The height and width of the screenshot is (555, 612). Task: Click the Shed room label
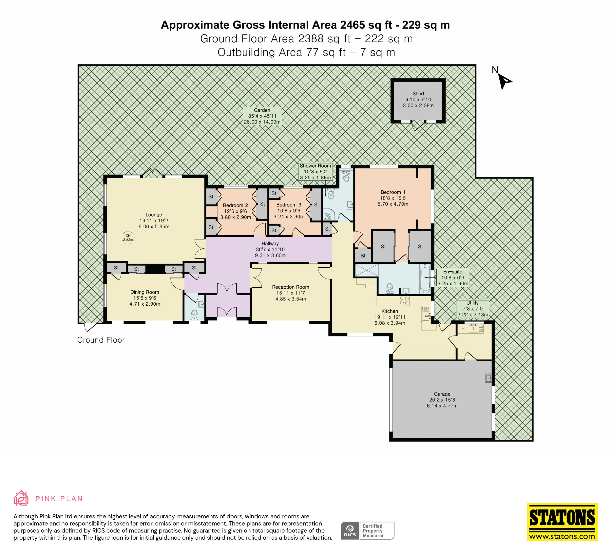[x=418, y=93]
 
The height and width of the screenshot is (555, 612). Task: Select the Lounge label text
[x=154, y=215]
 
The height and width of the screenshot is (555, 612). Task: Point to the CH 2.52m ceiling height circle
[x=128, y=238]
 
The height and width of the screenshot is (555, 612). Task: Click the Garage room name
[x=442, y=394]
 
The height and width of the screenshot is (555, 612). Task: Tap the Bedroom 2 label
[x=235, y=205]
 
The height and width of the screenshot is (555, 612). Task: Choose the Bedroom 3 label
[x=289, y=205]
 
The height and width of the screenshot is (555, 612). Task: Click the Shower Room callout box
[x=315, y=171]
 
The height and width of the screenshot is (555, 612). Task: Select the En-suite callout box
[x=453, y=277]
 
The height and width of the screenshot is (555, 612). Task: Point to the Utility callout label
[x=472, y=309]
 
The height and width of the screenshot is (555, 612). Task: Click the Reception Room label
[x=290, y=287]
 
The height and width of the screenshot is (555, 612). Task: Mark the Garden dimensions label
[x=262, y=116]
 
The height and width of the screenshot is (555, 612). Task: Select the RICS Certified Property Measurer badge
[x=367, y=531]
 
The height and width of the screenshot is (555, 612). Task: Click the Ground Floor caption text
[x=101, y=340]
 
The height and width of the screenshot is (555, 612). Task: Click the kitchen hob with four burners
[x=404, y=301]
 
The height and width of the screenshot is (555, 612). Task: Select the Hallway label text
[x=270, y=243]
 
